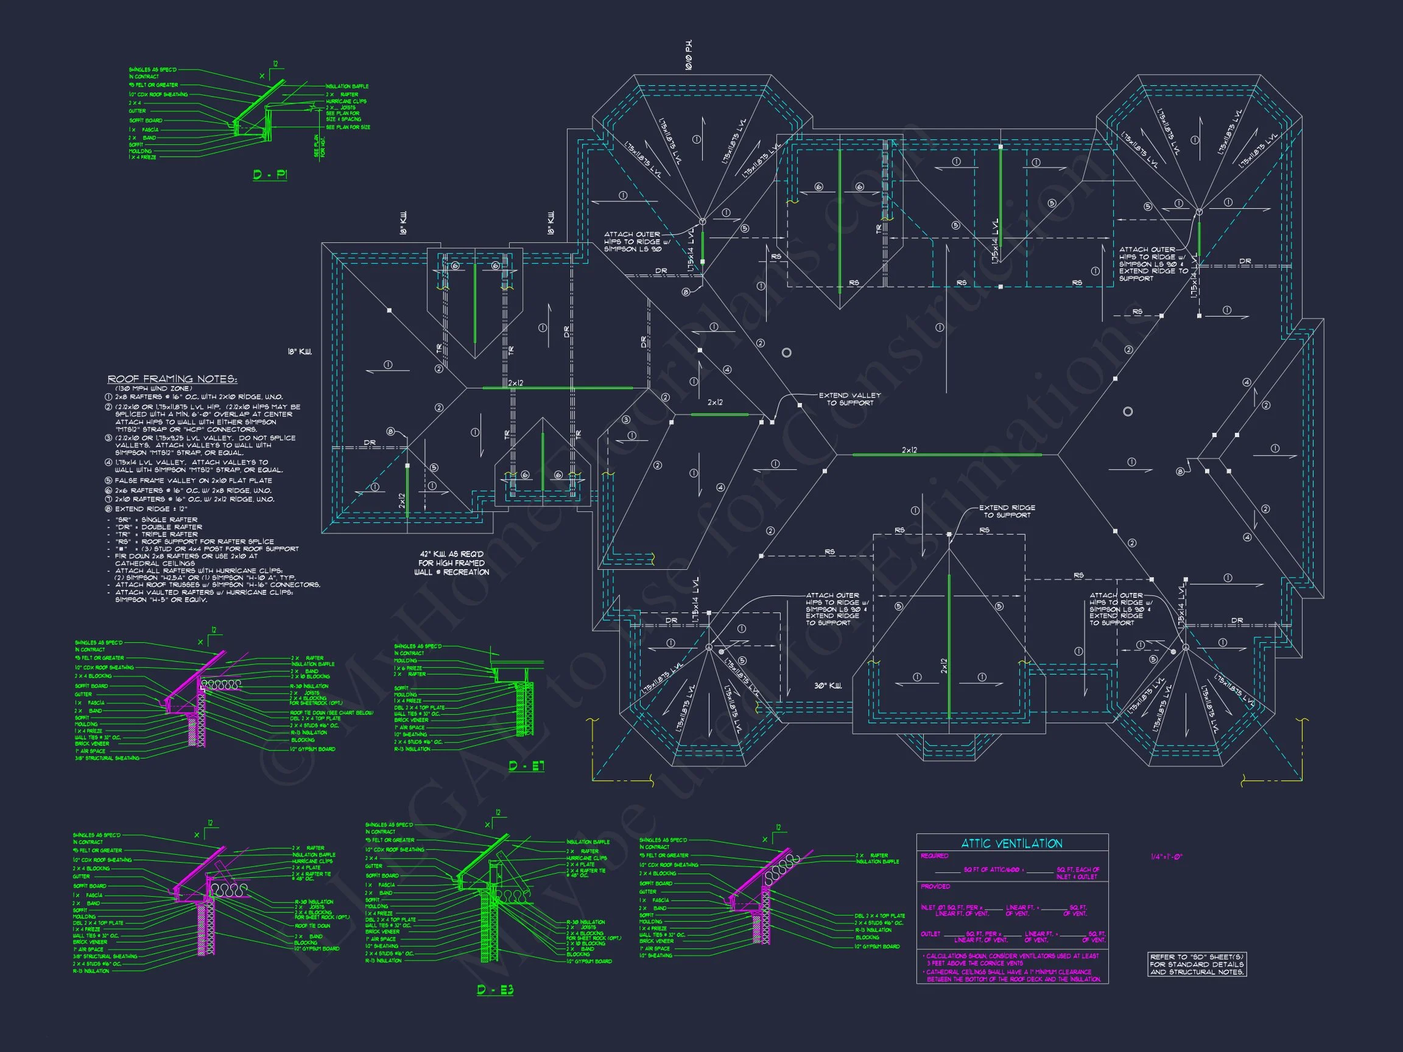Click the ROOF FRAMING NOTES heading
tap(172, 379)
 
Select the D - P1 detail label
tap(270, 174)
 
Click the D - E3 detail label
tap(494, 990)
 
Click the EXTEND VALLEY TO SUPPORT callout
tap(849, 399)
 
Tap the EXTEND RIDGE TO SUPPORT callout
tap(1007, 511)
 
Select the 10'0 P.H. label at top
tap(689, 55)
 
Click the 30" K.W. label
tap(828, 686)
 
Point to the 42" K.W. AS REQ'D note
tap(452, 563)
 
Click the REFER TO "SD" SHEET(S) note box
tap(1197, 964)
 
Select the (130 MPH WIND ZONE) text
tap(153, 388)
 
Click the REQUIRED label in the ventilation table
tap(934, 856)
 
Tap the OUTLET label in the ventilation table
tap(930, 934)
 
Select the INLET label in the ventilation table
tap(928, 908)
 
